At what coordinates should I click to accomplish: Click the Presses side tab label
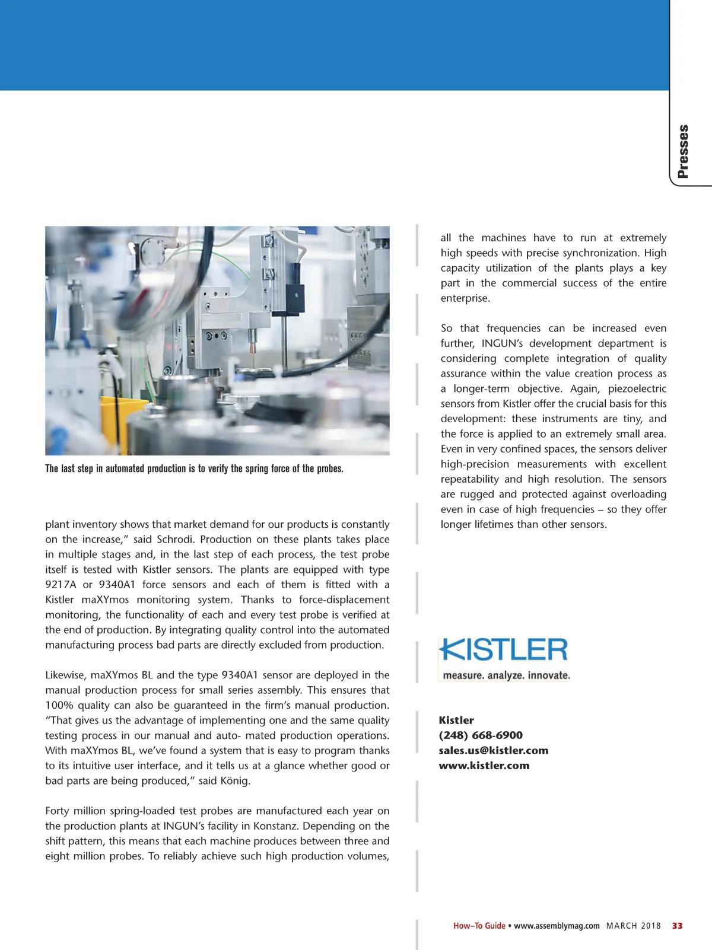click(684, 151)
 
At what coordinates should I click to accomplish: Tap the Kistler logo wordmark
click(504, 650)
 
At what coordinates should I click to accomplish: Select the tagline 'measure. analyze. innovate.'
click(506, 675)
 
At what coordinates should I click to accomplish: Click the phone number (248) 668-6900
click(481, 735)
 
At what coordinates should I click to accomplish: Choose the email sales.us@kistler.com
click(494, 750)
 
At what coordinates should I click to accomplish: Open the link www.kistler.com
click(484, 766)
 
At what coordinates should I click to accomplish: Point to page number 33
click(677, 926)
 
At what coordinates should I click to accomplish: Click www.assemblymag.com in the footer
click(557, 926)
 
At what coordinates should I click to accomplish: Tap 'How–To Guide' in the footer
click(479, 926)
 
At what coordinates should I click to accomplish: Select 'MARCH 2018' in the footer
click(633, 926)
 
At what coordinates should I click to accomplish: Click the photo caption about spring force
click(194, 468)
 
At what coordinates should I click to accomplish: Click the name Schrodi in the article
click(175, 540)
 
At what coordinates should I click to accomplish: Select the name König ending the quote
click(234, 781)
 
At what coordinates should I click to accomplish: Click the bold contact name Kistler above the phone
click(456, 721)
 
